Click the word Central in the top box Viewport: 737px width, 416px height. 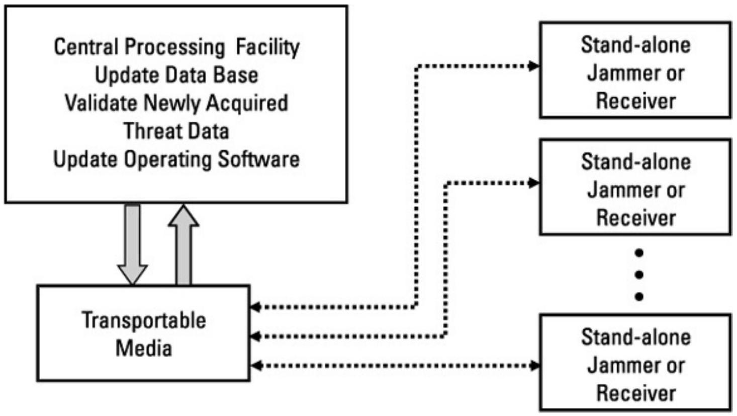(85, 47)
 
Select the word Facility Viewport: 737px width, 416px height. (267, 47)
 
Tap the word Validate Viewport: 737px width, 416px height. (101, 103)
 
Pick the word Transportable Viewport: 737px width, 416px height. (144, 321)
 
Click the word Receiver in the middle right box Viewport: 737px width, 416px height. (636, 218)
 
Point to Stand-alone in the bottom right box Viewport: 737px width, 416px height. (636, 337)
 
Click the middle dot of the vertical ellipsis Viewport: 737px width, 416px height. (639, 274)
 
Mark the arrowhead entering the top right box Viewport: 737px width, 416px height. (534, 65)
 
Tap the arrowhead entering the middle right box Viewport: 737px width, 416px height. (534, 182)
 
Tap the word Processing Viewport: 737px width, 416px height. (174, 47)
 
